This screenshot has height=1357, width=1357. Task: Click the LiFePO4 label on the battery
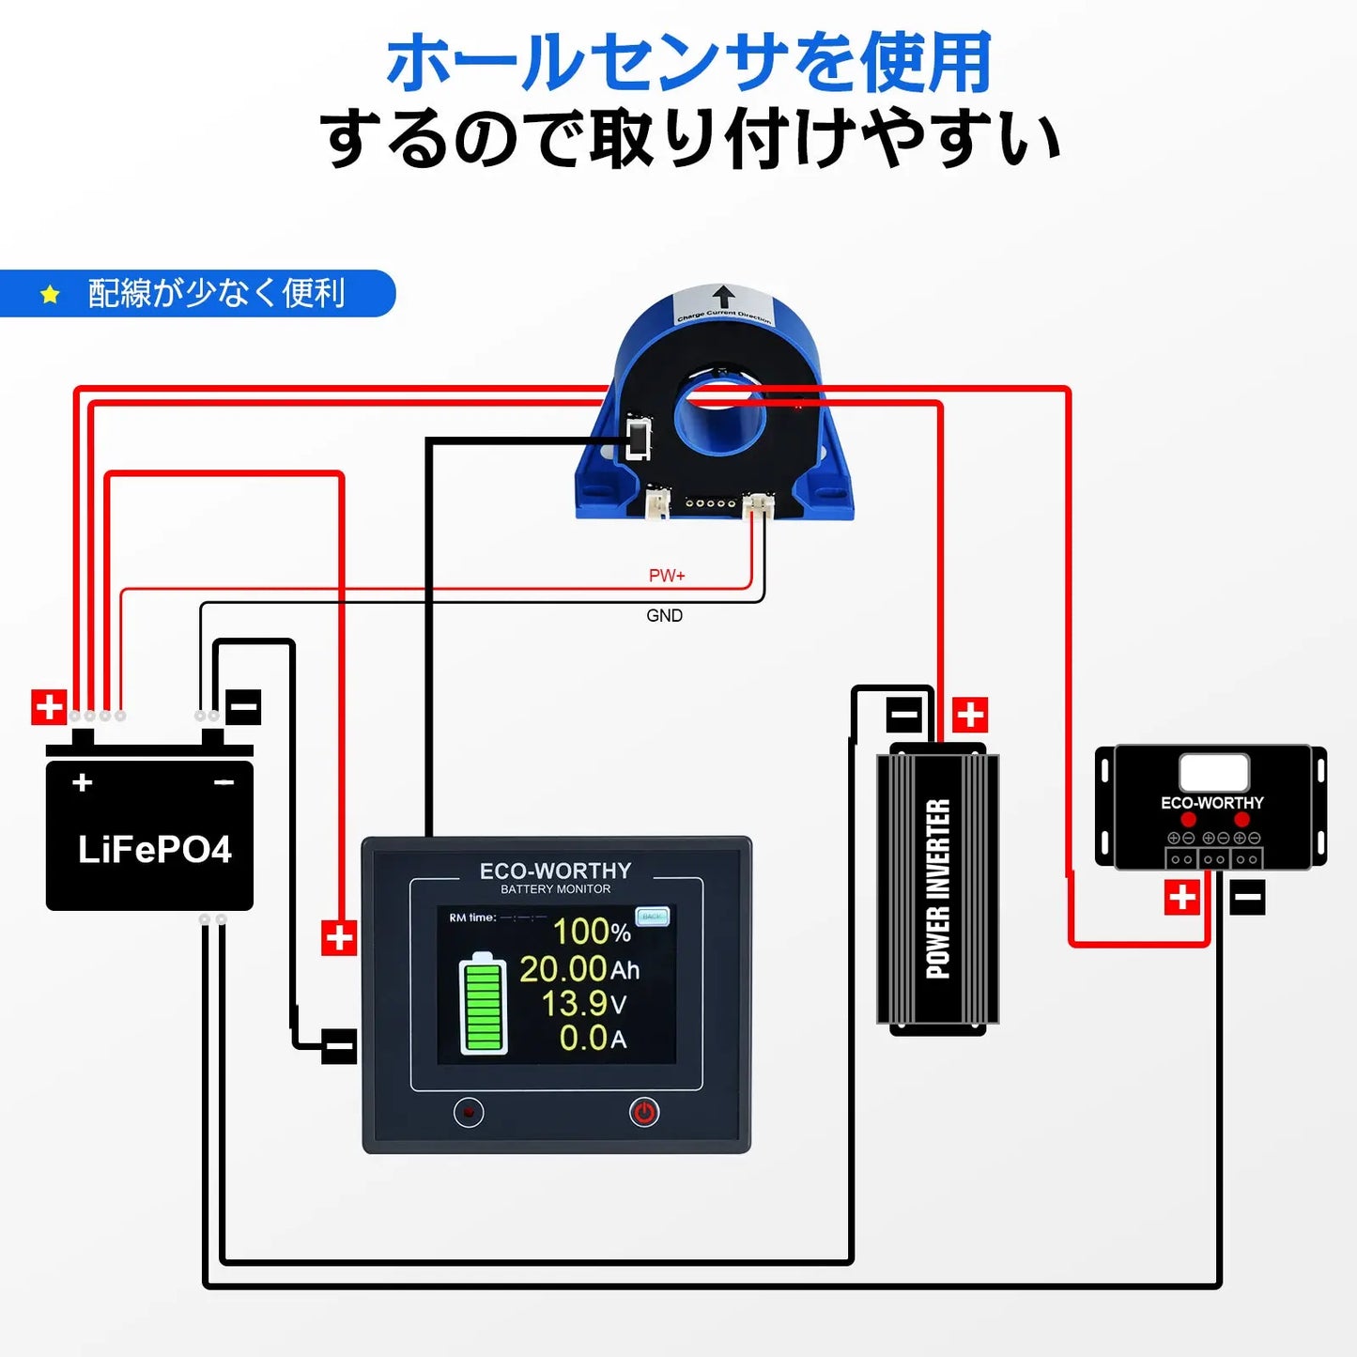154,850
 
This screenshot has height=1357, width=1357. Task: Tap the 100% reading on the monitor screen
592,932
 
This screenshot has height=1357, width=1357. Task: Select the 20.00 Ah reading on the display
578,969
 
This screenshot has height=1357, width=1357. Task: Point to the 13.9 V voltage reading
583,1004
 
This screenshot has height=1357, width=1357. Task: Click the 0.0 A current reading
593,1039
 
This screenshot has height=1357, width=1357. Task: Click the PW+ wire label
667,576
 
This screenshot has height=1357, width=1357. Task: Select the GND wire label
664,616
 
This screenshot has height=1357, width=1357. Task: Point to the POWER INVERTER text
938,888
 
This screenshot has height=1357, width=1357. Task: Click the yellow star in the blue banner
50,295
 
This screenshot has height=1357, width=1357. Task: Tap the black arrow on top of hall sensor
723,297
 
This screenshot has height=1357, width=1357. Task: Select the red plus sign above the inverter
970,715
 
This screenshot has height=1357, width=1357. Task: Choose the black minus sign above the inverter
904,716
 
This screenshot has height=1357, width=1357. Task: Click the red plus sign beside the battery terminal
49,707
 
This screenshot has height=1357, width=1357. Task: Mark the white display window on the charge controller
1213,773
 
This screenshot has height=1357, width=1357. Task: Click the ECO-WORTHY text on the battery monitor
555,871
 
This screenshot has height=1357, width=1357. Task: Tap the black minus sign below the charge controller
1247,898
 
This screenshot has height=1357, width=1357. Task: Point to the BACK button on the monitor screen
652,916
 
